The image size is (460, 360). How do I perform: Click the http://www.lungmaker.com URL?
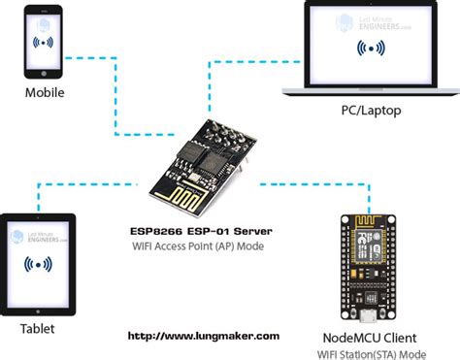coord(205,336)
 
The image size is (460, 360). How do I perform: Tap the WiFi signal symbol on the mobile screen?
coord(44,43)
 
